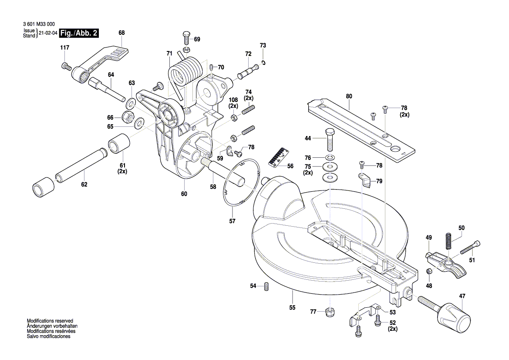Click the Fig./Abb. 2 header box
click(x=79, y=33)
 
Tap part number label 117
click(x=64, y=47)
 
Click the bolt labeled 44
click(x=330, y=139)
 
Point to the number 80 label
click(x=349, y=96)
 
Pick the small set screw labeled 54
click(x=267, y=286)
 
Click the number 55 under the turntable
click(x=292, y=307)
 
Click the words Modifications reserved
click(x=50, y=320)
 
